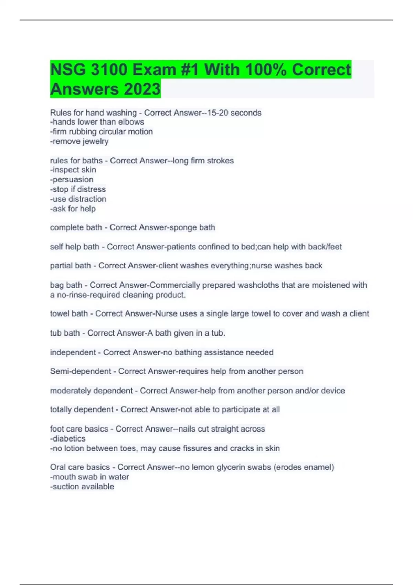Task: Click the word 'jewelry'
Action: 95,141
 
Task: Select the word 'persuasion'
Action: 73,180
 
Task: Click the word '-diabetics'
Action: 68,439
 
